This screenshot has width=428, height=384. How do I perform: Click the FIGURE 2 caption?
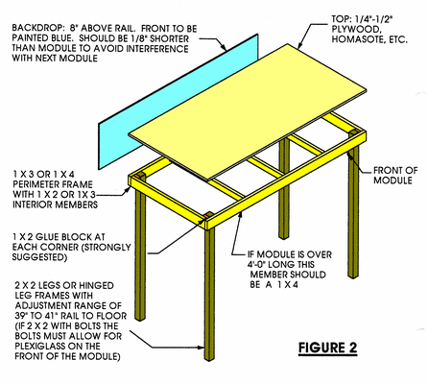point(327,348)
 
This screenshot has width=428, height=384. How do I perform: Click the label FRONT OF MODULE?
point(395,176)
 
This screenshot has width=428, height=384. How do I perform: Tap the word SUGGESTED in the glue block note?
point(39,257)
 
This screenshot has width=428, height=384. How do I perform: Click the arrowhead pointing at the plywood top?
point(300,45)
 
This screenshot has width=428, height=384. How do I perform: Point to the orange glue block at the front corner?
point(206,217)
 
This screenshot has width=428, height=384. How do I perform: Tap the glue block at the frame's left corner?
point(138,176)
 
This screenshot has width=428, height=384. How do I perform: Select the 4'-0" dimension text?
point(258,265)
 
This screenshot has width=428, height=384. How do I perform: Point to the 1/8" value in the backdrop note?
point(136,38)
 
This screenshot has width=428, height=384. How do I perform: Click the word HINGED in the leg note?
point(96,285)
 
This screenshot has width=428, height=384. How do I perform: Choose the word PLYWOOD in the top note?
point(356,30)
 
